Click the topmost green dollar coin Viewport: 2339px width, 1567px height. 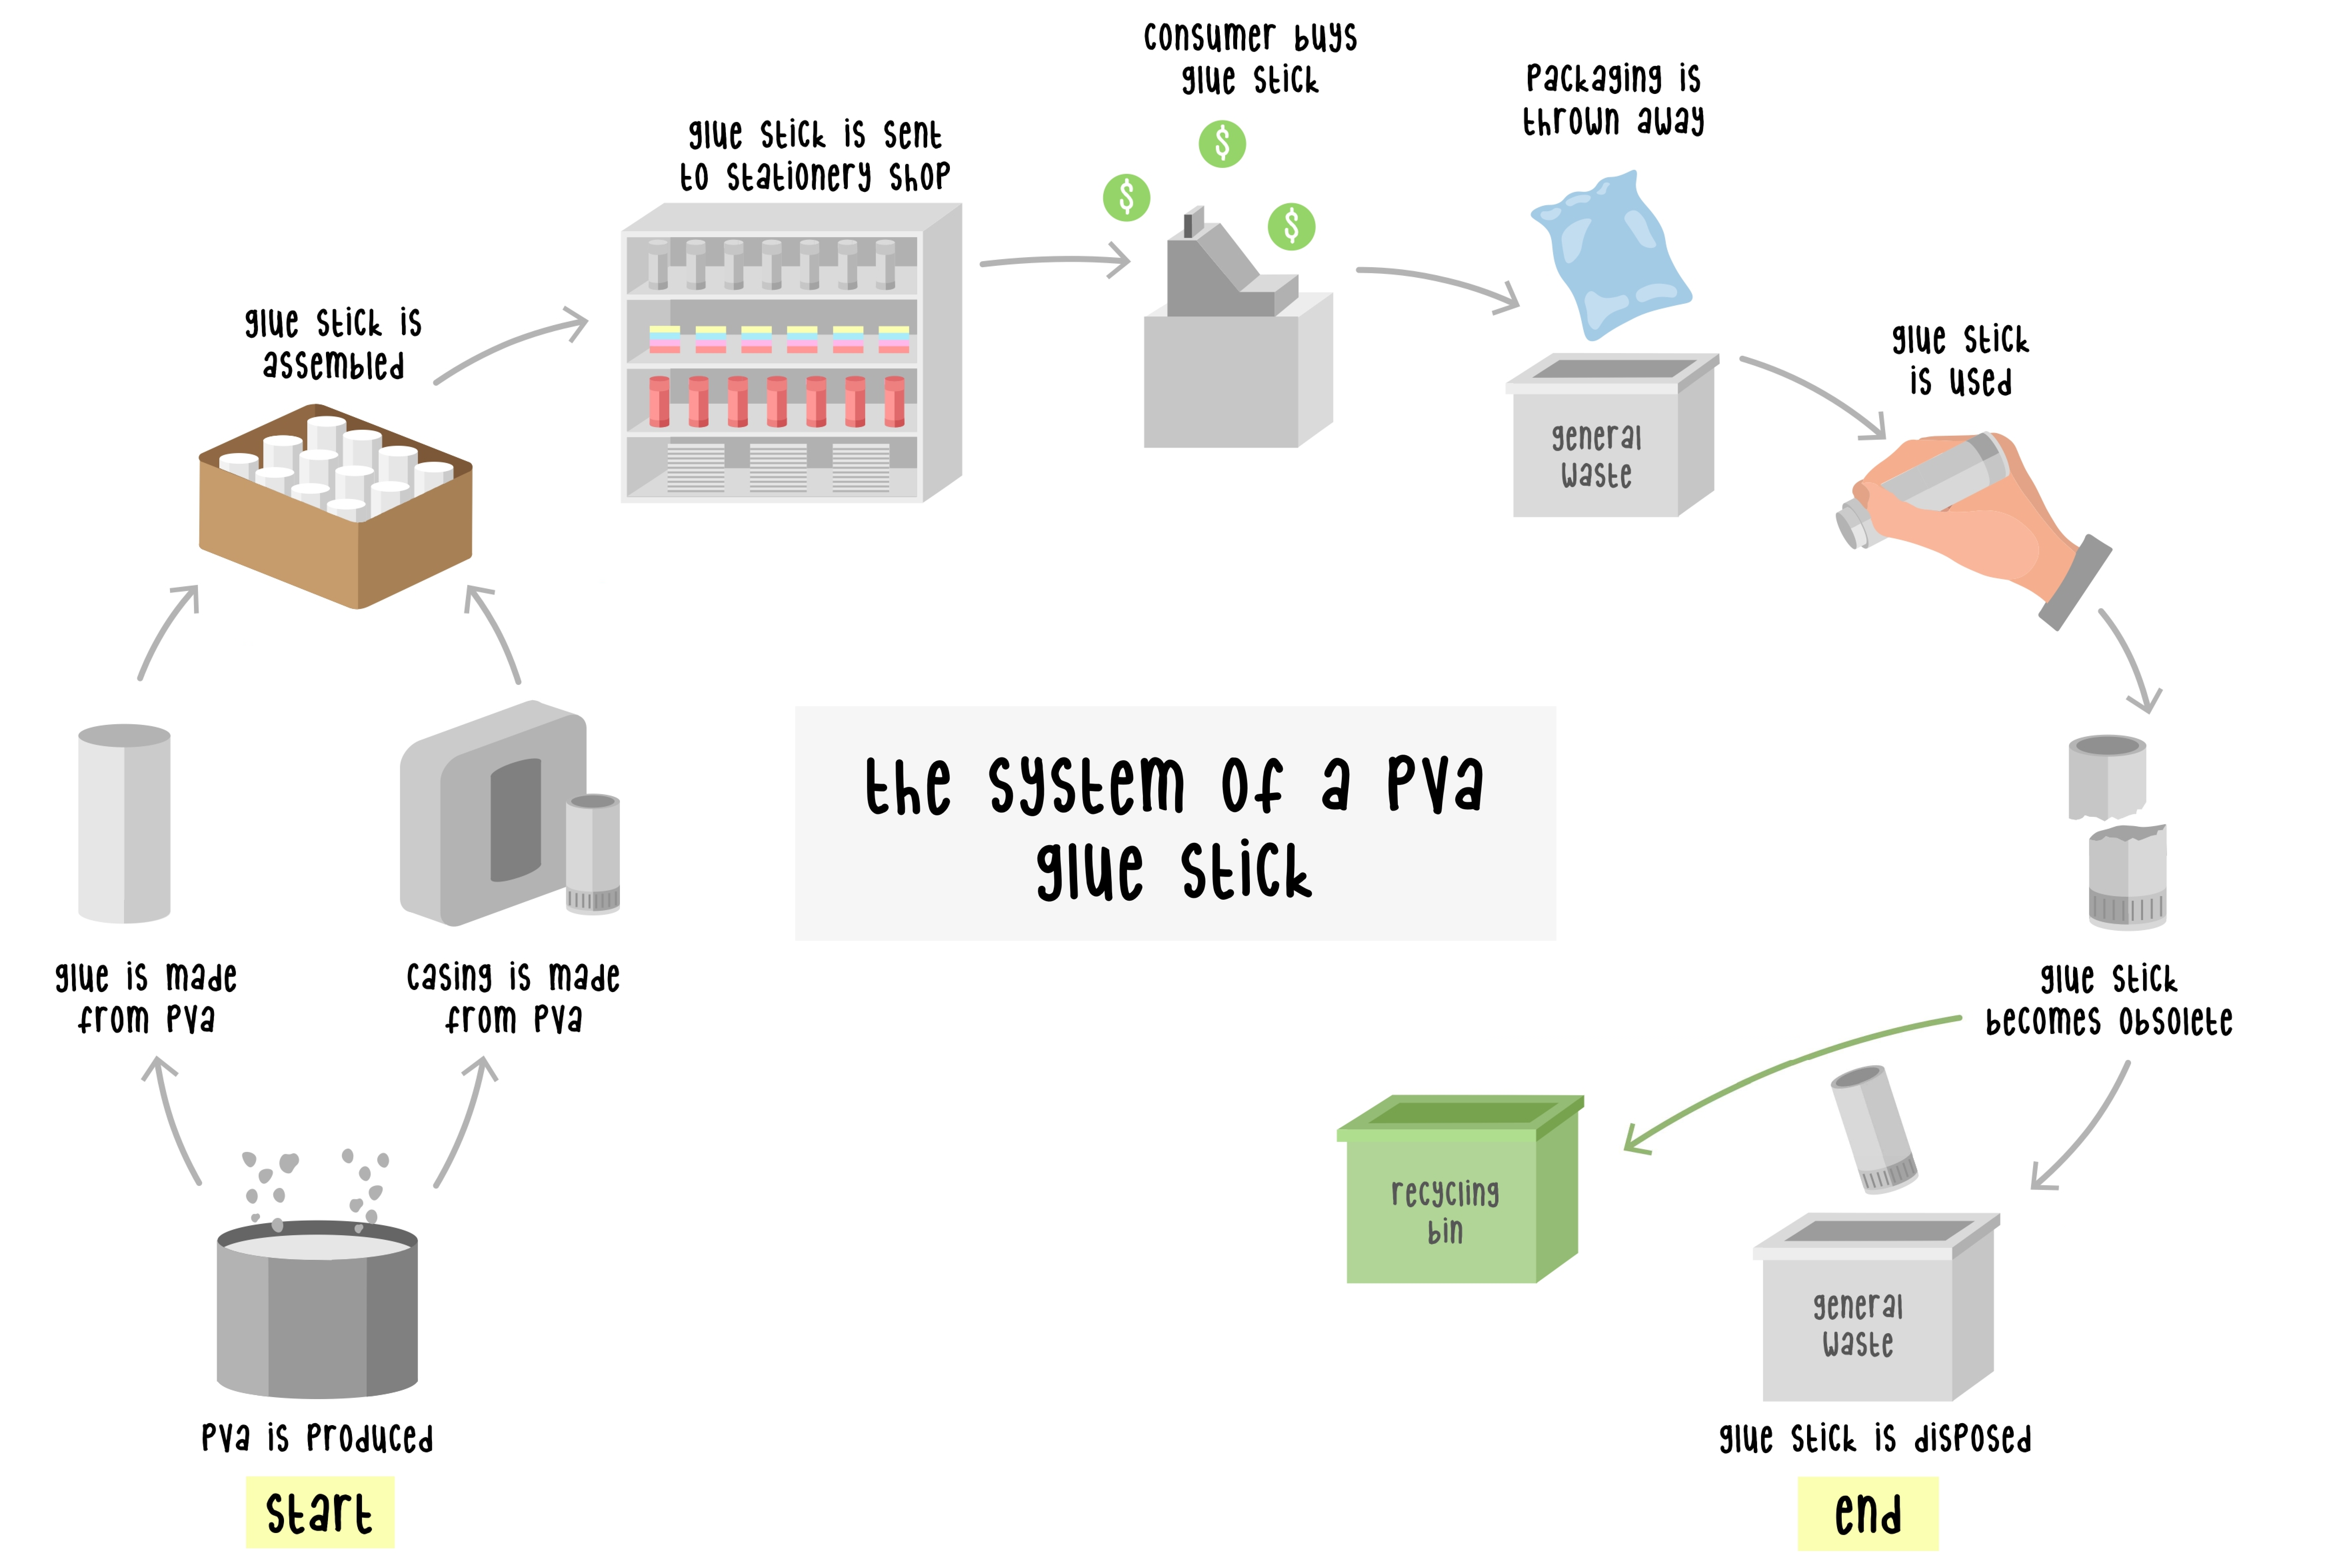[1221, 144]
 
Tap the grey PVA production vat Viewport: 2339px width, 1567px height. [317, 1309]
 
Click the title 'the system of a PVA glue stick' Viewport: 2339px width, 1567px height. [1174, 824]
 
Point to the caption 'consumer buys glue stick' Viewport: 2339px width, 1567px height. [1249, 58]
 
